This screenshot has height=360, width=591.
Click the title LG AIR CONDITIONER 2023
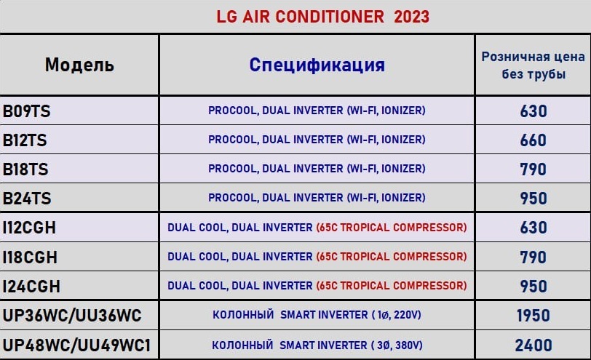point(322,17)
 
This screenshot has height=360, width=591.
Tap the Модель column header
point(79,65)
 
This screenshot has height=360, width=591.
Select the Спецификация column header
point(317,65)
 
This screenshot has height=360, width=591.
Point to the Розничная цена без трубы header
point(533,65)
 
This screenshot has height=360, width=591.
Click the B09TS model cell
point(26,111)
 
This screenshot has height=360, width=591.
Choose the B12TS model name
point(25,140)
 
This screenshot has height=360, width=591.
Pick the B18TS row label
point(25,169)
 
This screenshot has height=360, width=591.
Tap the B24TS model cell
point(27,199)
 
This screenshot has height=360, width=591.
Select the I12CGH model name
point(29,228)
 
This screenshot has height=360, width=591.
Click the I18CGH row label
point(30,257)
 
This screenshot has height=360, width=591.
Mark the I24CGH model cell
point(31,287)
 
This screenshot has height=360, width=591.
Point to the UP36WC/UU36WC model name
point(72,316)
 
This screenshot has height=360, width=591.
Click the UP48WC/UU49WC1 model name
point(76,345)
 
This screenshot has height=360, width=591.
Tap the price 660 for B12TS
point(534,140)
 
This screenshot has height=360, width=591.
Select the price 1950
point(534,316)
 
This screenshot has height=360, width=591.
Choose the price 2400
point(534,345)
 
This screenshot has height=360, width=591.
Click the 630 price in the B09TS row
point(534,111)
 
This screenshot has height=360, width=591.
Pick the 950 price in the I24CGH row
point(534,287)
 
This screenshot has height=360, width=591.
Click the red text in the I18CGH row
point(392,257)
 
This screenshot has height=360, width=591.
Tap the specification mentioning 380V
point(317,345)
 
